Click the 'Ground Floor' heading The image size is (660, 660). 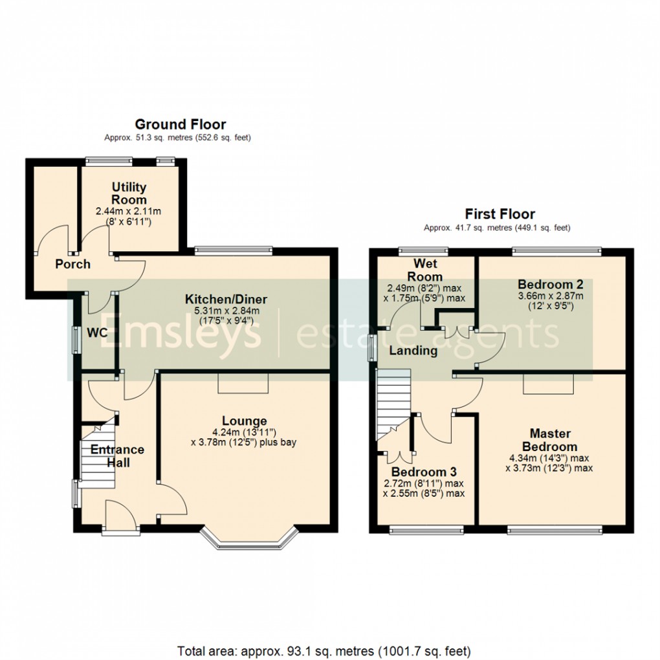point(180,124)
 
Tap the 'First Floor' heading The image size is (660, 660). point(500,214)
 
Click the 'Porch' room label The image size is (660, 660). point(72,264)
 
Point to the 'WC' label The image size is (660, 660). point(98,332)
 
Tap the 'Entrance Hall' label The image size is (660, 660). point(117,456)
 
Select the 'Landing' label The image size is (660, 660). point(413,351)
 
